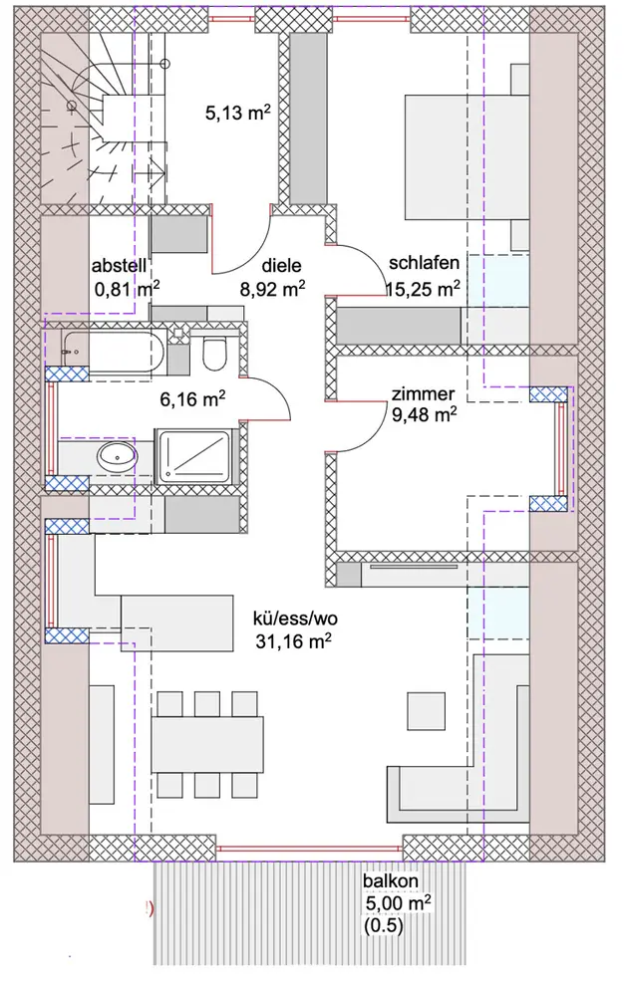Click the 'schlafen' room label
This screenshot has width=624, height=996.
(x=424, y=264)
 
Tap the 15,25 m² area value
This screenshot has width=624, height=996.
(x=424, y=289)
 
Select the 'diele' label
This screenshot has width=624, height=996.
(x=281, y=266)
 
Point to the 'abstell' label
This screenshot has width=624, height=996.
(x=120, y=267)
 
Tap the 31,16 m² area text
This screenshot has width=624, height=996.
(x=292, y=641)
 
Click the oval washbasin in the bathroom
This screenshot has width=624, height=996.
(x=119, y=457)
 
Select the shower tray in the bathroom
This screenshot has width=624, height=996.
(x=197, y=457)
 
